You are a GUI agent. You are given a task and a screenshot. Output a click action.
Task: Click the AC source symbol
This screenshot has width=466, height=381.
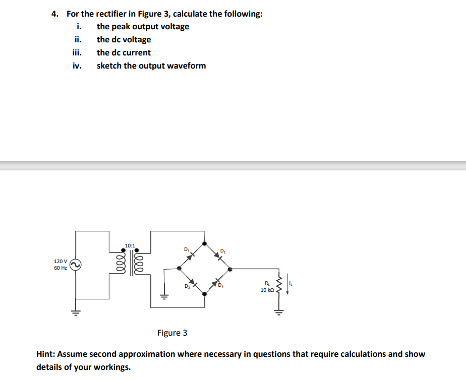tap(76, 265)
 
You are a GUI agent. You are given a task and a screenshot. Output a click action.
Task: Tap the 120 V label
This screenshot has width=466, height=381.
tap(60, 261)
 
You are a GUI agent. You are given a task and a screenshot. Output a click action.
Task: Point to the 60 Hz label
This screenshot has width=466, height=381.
tap(60, 268)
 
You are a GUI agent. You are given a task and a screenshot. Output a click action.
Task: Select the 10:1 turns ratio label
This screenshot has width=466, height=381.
tap(130, 245)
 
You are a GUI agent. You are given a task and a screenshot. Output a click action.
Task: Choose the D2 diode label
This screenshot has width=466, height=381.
tap(187, 286)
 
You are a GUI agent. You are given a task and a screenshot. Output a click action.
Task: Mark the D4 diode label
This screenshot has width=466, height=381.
tap(221, 287)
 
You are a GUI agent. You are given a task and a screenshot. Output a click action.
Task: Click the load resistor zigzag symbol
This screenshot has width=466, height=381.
tap(277, 287)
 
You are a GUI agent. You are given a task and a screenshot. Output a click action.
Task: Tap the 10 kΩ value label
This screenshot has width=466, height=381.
tap(267, 290)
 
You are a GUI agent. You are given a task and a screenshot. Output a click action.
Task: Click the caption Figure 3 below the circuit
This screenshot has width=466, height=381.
tap(172, 333)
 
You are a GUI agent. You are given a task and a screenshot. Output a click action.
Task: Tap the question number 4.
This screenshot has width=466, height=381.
tap(54, 14)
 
